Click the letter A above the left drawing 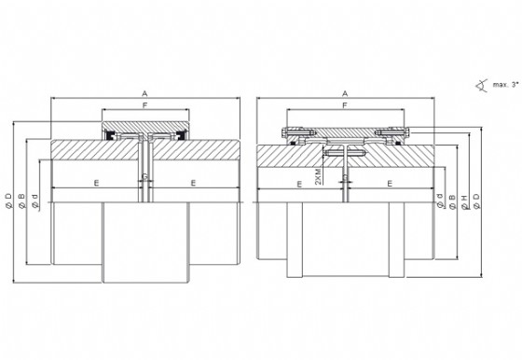(x=144, y=93)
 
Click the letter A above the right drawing (x=345, y=93)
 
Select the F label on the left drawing (x=144, y=105)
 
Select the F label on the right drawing (x=345, y=105)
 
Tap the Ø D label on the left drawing (x=9, y=201)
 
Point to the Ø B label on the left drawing (x=22, y=201)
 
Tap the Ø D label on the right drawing (x=476, y=201)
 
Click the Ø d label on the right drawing (x=440, y=201)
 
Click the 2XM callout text (x=318, y=176)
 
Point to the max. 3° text (x=505, y=85)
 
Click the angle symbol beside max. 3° (x=481, y=86)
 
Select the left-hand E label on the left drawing (x=96, y=183)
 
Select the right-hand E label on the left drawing (x=194, y=183)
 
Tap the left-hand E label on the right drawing (x=299, y=184)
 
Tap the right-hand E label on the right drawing (x=390, y=183)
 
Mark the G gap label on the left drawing (x=145, y=176)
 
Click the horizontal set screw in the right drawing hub (x=345, y=154)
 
